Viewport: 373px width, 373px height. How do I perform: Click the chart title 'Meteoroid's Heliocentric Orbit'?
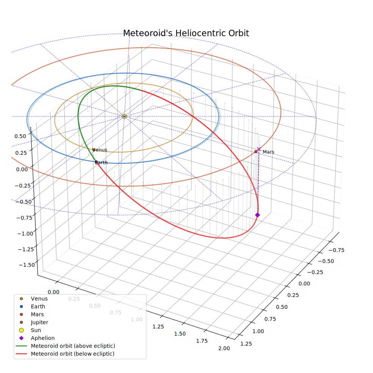click(186, 33)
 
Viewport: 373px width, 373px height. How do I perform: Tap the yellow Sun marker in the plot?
click(124, 116)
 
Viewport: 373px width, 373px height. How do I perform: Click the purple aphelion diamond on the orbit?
click(257, 215)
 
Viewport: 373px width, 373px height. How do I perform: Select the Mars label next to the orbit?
click(268, 152)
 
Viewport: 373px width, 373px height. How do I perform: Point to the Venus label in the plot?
click(100, 150)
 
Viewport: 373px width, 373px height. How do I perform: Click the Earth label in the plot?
click(101, 163)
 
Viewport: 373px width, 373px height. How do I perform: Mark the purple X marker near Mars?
click(259, 149)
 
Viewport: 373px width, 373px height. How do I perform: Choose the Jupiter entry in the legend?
click(39, 322)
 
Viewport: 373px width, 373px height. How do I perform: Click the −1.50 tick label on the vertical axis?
click(27, 265)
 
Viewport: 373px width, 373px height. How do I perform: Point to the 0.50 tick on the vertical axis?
click(20, 136)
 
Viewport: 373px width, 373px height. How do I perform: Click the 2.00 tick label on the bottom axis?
click(224, 348)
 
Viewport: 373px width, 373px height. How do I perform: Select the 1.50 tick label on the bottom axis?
click(180, 334)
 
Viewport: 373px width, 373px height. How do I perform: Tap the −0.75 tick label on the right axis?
click(336, 250)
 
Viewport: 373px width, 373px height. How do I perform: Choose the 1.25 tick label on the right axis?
click(246, 344)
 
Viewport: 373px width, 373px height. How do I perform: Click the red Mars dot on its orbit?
click(256, 152)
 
